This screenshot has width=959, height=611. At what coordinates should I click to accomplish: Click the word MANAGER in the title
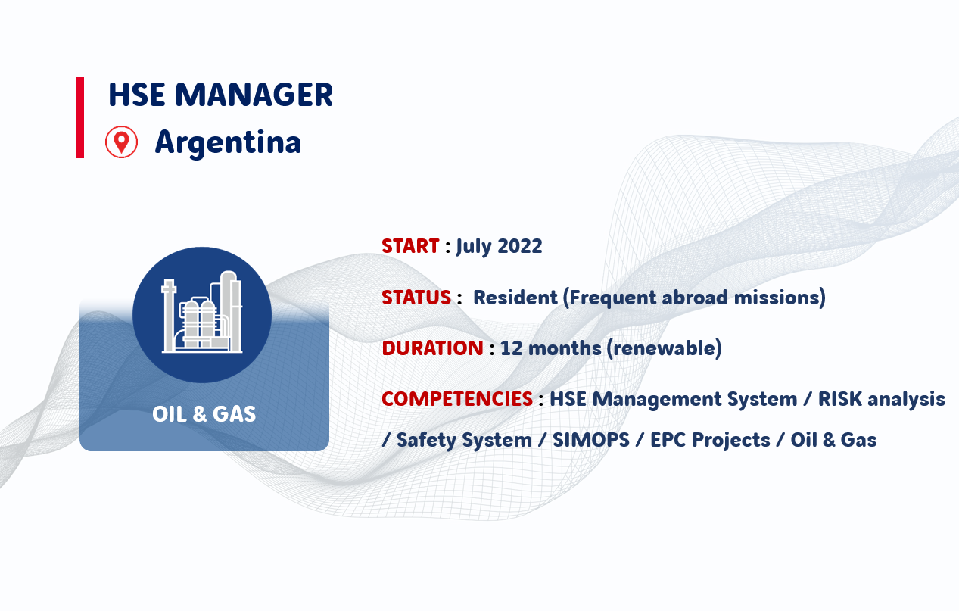click(254, 95)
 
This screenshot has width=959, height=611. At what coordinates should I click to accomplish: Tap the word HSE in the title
click(136, 95)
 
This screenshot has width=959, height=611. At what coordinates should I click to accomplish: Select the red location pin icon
click(122, 142)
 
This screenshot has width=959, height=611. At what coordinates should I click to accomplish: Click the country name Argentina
click(228, 142)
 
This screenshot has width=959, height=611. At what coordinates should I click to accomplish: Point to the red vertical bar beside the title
click(79, 118)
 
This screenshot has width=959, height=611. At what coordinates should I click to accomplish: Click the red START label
click(410, 246)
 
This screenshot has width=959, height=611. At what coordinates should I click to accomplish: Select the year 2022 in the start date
click(520, 246)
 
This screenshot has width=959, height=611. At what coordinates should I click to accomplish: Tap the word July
click(474, 247)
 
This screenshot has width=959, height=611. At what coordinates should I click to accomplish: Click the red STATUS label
click(416, 298)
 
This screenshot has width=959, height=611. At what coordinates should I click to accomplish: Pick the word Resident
click(515, 298)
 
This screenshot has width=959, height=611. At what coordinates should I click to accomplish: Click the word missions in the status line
click(777, 298)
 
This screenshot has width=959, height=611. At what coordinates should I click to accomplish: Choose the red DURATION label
click(432, 348)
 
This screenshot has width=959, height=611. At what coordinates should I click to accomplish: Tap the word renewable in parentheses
click(665, 348)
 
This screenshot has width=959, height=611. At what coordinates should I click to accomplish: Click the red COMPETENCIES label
click(457, 399)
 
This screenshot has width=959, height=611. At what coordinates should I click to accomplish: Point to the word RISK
click(839, 399)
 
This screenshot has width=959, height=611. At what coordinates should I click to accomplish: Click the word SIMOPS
click(591, 440)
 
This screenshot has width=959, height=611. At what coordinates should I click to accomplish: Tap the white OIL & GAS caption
click(204, 414)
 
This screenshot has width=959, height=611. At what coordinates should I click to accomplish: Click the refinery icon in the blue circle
click(202, 312)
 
